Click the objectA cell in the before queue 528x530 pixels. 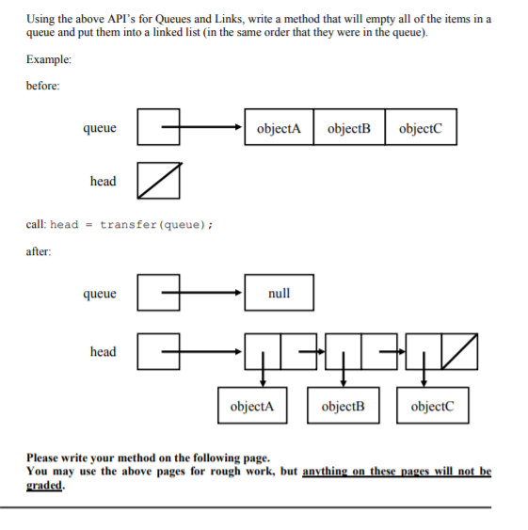[279, 129]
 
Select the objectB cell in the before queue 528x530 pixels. [349, 129]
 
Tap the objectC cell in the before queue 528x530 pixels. [421, 129]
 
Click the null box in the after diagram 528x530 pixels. [279, 294]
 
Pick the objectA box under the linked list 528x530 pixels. [252, 408]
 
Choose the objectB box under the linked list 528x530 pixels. [343, 408]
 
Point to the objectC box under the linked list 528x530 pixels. [432, 408]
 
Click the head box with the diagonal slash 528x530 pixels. [158, 181]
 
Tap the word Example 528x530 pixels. [48, 59]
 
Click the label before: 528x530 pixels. [42, 86]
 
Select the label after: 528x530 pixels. [39, 251]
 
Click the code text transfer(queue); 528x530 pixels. [156, 224]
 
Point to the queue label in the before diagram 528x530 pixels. [100, 128]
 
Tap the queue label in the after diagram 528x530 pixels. [100, 294]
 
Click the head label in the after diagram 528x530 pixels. [103, 352]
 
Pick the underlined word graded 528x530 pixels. [43, 487]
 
